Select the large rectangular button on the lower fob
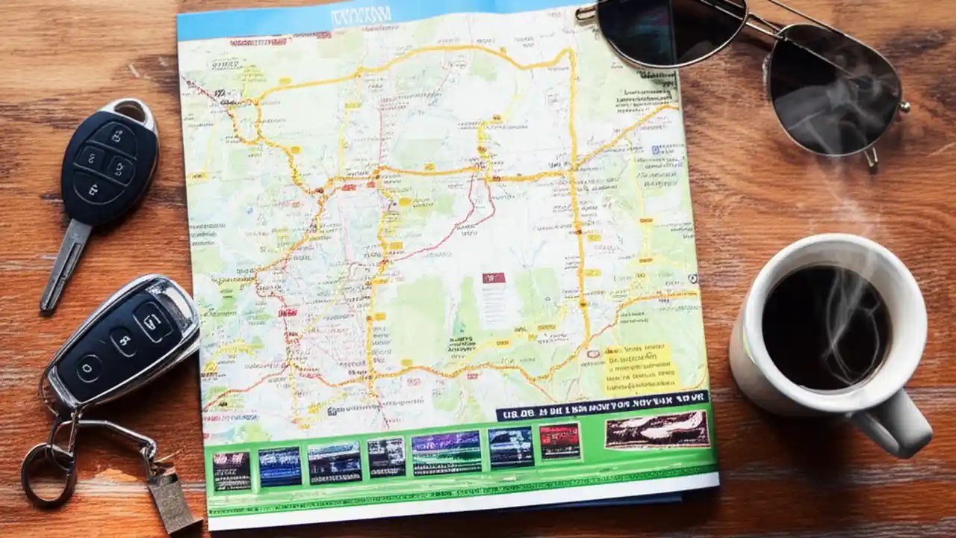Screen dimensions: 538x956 (154, 321)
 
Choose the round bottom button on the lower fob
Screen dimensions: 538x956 (88, 368)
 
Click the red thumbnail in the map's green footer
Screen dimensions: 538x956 (559, 441)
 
